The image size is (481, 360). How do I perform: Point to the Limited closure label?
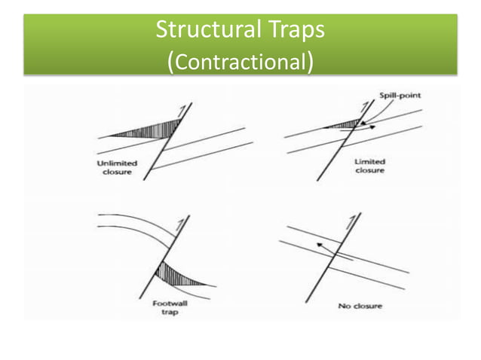coord(369,166)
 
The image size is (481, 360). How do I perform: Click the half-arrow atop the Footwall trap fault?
coord(177,224)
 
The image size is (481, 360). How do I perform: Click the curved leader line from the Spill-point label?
coord(375,110)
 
